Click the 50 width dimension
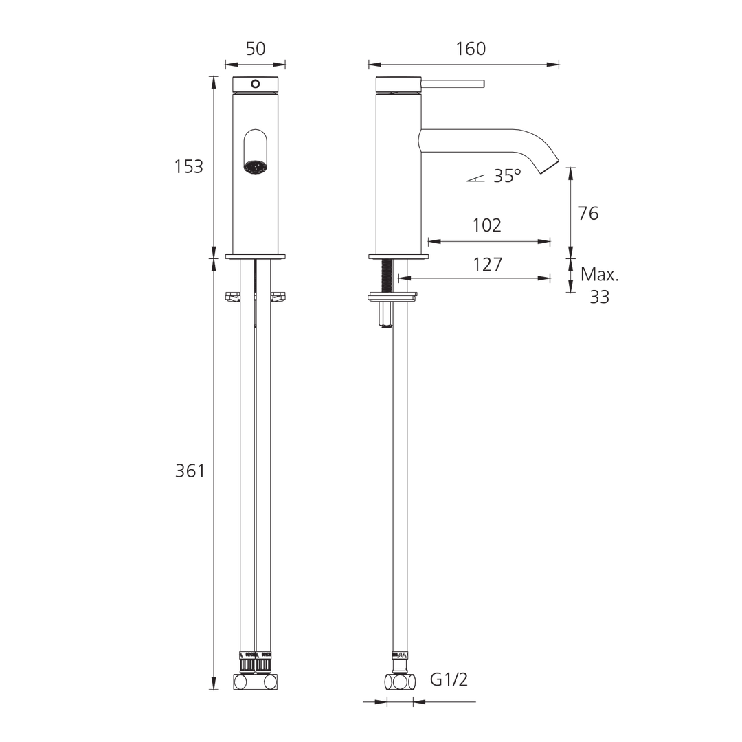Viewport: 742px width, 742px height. [x=255, y=48]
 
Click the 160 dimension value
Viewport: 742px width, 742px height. [x=470, y=48]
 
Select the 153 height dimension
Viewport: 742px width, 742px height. [x=188, y=166]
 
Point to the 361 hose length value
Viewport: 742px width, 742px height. [x=190, y=471]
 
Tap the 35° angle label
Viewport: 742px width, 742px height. [x=507, y=176]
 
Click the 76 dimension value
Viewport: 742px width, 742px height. [x=588, y=214]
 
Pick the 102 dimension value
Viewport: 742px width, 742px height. [x=487, y=225]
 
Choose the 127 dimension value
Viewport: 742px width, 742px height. [x=487, y=264]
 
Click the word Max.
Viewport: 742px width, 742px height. [x=600, y=275]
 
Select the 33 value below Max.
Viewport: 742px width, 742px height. [x=599, y=297]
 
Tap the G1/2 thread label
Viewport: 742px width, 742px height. [x=449, y=680]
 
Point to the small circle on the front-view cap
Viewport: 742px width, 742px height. [x=255, y=85]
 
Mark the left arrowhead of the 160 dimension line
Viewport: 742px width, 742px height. [x=372, y=65]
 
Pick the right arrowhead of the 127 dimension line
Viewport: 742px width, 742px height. [x=548, y=278]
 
